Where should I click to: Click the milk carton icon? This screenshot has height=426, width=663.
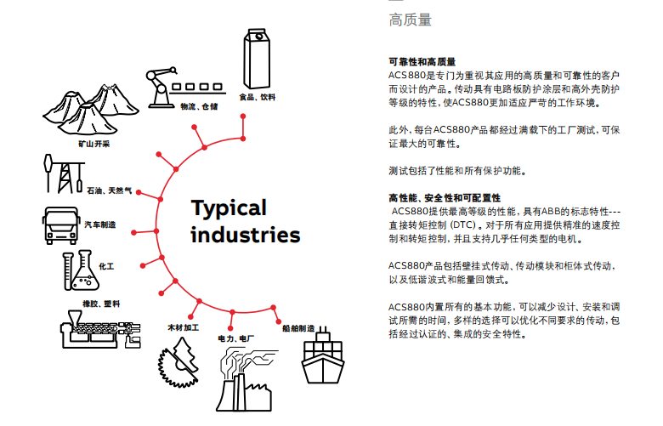pyautogui.click(x=256, y=59)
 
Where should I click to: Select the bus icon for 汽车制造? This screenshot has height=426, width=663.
pyautogui.click(x=61, y=225)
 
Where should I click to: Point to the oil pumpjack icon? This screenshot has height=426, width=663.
pyautogui.click(x=64, y=173)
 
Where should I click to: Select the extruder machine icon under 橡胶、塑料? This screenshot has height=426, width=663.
pyautogui.click(x=100, y=329)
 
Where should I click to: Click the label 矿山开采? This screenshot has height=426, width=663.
pyautogui.click(x=93, y=144)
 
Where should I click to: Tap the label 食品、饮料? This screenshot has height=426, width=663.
pyautogui.click(x=257, y=97)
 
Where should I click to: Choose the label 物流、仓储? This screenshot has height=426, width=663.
pyautogui.click(x=199, y=106)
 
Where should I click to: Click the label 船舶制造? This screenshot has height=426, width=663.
pyautogui.click(x=298, y=328)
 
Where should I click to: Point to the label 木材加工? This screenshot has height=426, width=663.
pyautogui.click(x=183, y=327)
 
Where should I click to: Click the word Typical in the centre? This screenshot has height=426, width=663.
pyautogui.click(x=229, y=208)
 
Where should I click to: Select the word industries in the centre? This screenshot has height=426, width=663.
pyautogui.click(x=246, y=236)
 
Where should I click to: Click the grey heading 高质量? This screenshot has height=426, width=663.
pyautogui.click(x=411, y=20)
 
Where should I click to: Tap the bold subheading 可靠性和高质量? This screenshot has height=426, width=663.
pyautogui.click(x=422, y=62)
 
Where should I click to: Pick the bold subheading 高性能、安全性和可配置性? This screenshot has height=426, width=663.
pyautogui.click(x=445, y=197)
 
